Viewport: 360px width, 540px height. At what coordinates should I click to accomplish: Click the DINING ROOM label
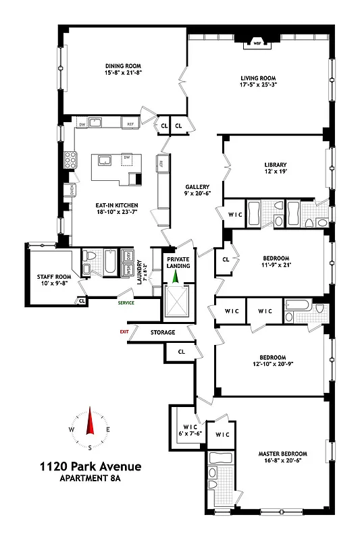click(x=122, y=65)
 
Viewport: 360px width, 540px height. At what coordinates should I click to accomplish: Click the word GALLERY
click(x=198, y=187)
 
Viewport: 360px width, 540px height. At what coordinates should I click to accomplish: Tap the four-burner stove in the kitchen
click(x=70, y=160)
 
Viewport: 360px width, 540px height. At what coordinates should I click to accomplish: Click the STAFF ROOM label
click(x=53, y=276)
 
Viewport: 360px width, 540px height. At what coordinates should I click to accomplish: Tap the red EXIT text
click(x=124, y=331)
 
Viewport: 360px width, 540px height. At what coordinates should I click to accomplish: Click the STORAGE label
click(x=163, y=332)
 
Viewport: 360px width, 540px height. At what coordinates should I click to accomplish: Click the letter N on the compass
click(x=89, y=411)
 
